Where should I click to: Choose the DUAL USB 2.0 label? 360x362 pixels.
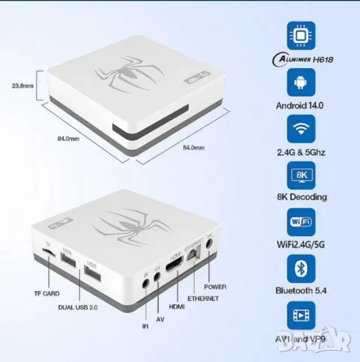click(80, 306)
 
